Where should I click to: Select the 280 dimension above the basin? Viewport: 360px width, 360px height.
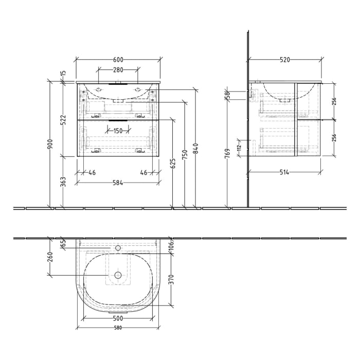[118, 70]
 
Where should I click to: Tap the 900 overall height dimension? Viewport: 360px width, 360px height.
[49, 145]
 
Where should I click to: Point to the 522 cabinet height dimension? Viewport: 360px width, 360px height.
[63, 120]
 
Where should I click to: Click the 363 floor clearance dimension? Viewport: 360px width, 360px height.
[63, 182]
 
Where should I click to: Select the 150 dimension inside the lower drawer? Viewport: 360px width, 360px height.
[118, 131]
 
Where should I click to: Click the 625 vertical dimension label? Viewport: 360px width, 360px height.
[173, 163]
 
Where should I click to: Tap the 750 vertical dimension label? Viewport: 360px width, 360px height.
[185, 154]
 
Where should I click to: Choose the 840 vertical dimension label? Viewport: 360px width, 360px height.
[195, 148]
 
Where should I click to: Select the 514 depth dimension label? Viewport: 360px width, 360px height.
[284, 172]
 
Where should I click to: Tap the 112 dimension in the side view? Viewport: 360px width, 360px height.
[239, 148]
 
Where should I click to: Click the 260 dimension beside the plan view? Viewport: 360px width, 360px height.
[49, 256]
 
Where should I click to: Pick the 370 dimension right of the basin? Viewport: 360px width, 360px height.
[172, 279]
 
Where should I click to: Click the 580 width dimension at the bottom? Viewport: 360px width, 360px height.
[118, 328]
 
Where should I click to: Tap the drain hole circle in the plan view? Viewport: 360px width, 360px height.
[118, 275]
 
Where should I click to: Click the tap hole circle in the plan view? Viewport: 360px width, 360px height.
[118, 248]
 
